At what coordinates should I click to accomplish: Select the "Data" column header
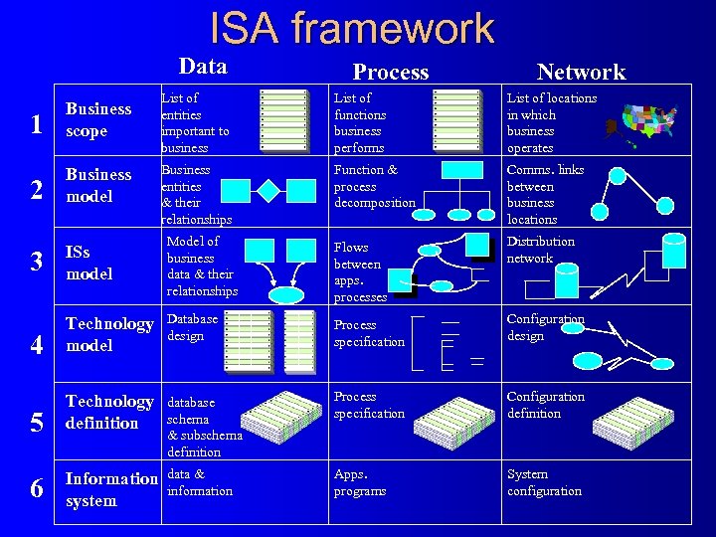coord(203,67)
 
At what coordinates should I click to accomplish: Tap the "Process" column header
coord(391,72)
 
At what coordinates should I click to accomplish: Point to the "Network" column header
coord(581,72)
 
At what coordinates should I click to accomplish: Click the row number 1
coord(36,124)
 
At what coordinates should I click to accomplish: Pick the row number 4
coord(36,345)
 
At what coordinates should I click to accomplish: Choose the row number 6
coord(36,488)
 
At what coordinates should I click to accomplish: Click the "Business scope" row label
coord(97,119)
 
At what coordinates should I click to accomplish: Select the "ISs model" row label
coord(89,263)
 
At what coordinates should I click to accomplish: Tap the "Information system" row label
coord(110,489)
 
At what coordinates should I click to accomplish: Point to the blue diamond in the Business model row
coord(268,189)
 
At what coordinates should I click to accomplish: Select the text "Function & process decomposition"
coord(374,186)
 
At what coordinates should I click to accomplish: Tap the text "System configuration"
coord(544,482)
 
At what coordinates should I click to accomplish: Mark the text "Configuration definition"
coord(546,405)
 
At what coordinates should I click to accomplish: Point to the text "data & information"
coord(199,482)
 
